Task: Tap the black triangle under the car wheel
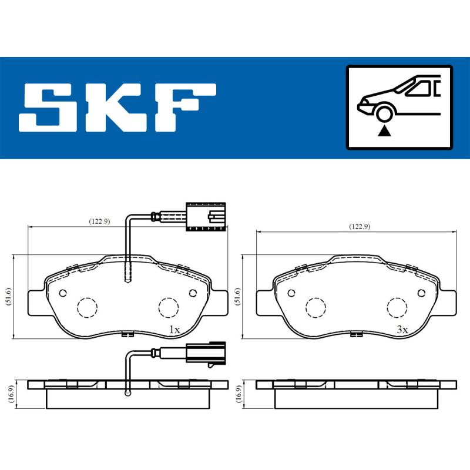coord(385,130)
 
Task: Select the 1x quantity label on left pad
coord(174,330)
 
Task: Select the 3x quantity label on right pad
coord(402,330)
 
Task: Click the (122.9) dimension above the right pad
coord(359,227)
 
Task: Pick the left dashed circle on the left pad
coord(87,306)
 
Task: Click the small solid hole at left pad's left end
coord(62,293)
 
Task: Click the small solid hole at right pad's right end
coord(421,293)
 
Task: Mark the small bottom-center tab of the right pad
coord(355,335)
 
